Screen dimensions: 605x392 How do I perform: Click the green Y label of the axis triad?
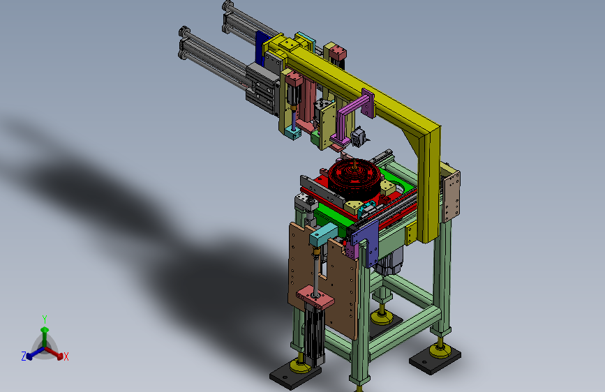pos(45,319)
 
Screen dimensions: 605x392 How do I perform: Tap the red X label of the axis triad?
pos(66,356)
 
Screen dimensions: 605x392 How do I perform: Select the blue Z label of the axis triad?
pos(24,356)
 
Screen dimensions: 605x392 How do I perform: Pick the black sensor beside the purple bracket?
pos(359,137)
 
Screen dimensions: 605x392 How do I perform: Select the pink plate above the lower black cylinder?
pos(315,297)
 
